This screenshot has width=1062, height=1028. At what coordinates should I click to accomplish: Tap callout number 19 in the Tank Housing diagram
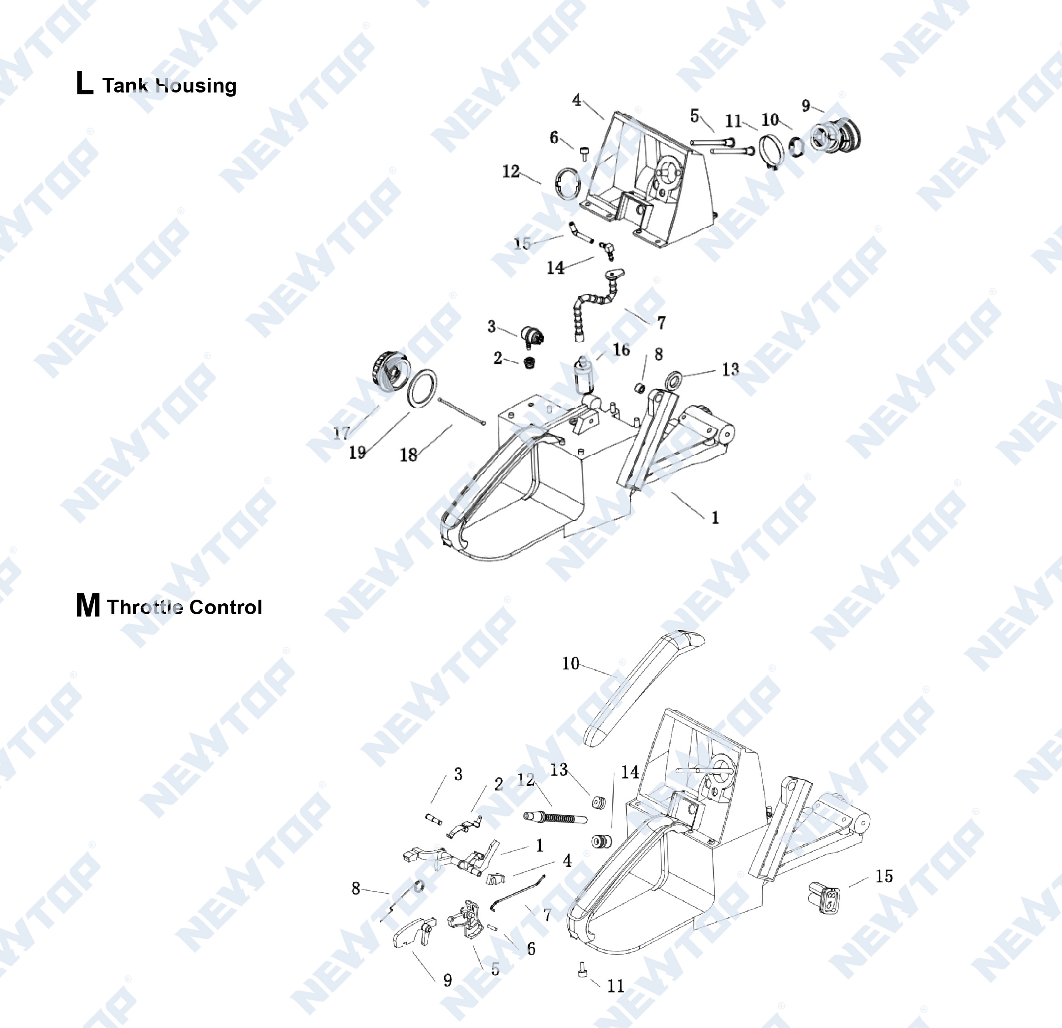pyautogui.click(x=358, y=452)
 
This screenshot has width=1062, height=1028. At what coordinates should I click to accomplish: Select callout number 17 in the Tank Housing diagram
pyautogui.click(x=342, y=433)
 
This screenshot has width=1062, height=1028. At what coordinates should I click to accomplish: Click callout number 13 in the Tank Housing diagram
pyautogui.click(x=730, y=370)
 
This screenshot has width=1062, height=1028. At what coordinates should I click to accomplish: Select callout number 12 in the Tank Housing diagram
pyautogui.click(x=510, y=171)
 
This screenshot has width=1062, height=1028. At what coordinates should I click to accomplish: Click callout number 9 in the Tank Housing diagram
pyautogui.click(x=805, y=105)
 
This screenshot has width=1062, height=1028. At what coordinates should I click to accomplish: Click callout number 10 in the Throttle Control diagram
pyautogui.click(x=570, y=663)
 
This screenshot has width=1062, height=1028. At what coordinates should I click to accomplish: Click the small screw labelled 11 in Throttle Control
pyautogui.click(x=582, y=970)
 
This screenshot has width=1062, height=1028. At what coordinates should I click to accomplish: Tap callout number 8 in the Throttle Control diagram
pyautogui.click(x=355, y=888)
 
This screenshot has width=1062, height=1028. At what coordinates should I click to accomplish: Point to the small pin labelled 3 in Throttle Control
pyautogui.click(x=433, y=818)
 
